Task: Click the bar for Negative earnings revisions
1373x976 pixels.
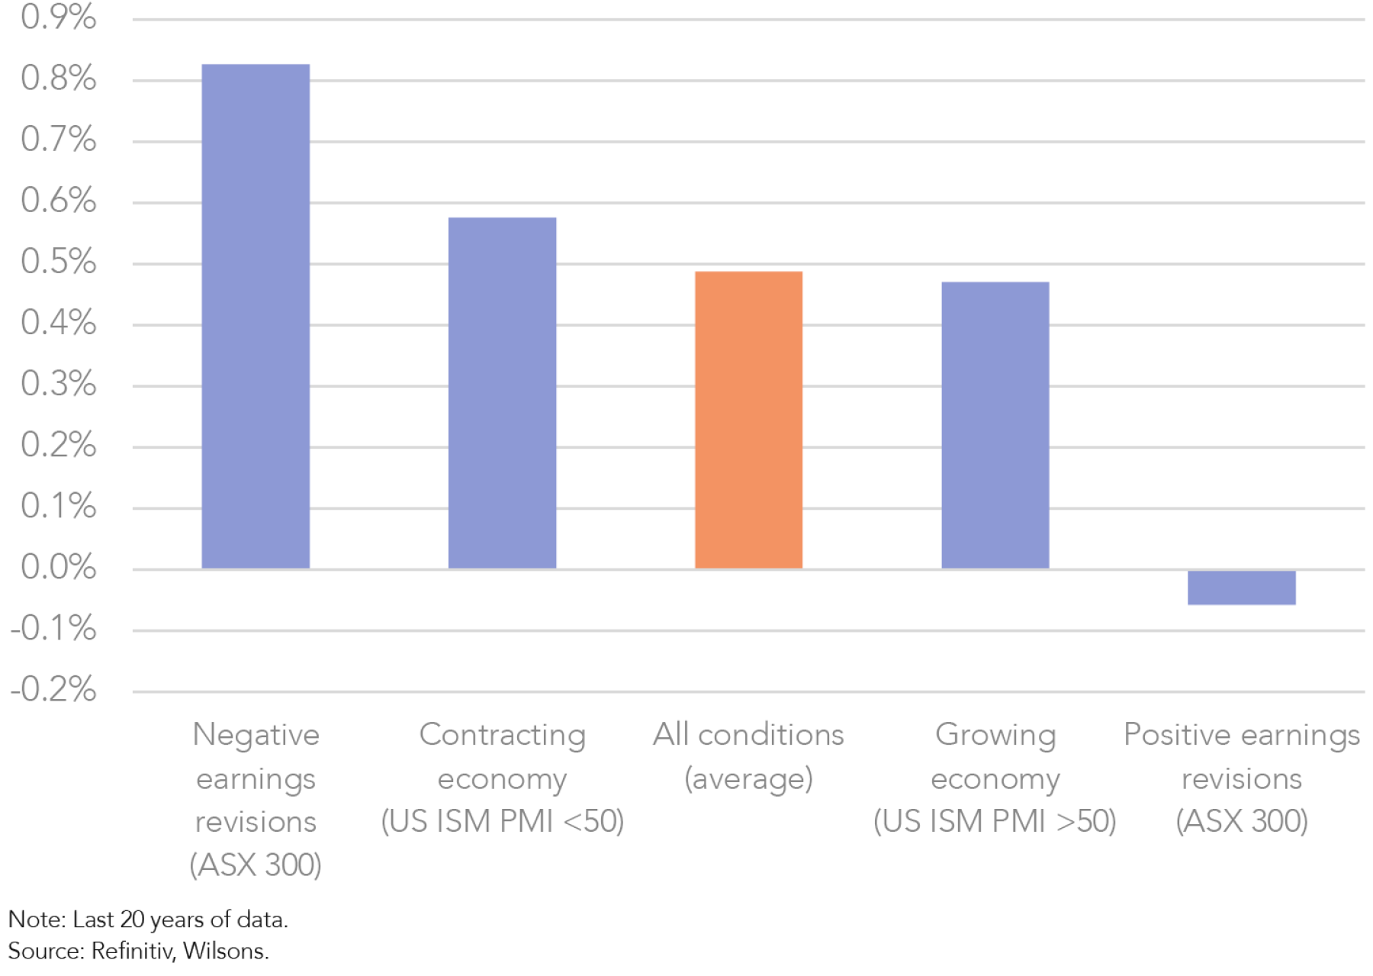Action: [x=256, y=317]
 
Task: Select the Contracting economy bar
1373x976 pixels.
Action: [x=502, y=393]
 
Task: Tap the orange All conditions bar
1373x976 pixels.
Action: [x=748, y=420]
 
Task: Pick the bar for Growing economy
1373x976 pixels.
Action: [x=995, y=425]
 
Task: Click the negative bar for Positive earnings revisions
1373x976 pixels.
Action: [x=1241, y=588]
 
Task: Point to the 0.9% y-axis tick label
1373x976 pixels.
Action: [x=59, y=17]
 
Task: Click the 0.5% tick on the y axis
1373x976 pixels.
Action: [x=59, y=262]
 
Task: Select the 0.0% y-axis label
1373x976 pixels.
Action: [x=59, y=567]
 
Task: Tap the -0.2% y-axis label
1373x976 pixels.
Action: [x=53, y=689]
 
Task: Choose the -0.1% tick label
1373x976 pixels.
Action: [x=53, y=629]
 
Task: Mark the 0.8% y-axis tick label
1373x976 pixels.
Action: [x=59, y=78]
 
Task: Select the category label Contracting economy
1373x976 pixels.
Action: [x=502, y=756]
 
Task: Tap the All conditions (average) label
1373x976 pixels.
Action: [x=748, y=756]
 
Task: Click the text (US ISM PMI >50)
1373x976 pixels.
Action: [x=995, y=821]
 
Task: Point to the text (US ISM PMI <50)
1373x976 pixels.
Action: [x=502, y=821]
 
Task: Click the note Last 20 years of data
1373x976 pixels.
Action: [x=180, y=920]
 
